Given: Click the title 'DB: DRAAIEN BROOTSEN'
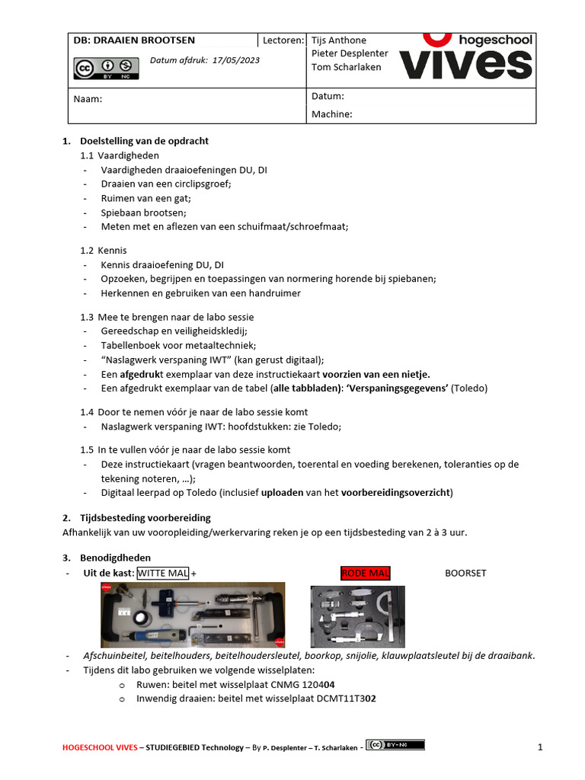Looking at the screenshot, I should pyautogui.click(x=134, y=40).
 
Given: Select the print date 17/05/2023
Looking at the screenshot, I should pyautogui.click(x=235, y=60).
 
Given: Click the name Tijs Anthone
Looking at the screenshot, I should pyautogui.click(x=339, y=40).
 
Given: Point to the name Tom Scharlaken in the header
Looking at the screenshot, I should pyautogui.click(x=347, y=67).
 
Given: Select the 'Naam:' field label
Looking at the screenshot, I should pyautogui.click(x=88, y=99).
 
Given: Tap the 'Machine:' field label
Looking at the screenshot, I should pyautogui.click(x=331, y=114).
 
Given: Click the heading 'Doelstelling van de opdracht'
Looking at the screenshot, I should pyautogui.click(x=144, y=141).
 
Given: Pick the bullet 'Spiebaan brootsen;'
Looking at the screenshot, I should pyautogui.click(x=143, y=213).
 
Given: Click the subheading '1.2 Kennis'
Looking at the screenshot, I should pyautogui.click(x=104, y=251).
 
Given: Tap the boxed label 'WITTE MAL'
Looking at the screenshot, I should pyautogui.click(x=163, y=573).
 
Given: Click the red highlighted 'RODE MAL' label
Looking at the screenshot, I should pyautogui.click(x=365, y=573).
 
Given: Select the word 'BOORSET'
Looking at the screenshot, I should pyautogui.click(x=465, y=573).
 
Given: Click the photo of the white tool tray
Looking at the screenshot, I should pyautogui.click(x=193, y=615).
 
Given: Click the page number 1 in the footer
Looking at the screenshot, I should pyautogui.click(x=540, y=748).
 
